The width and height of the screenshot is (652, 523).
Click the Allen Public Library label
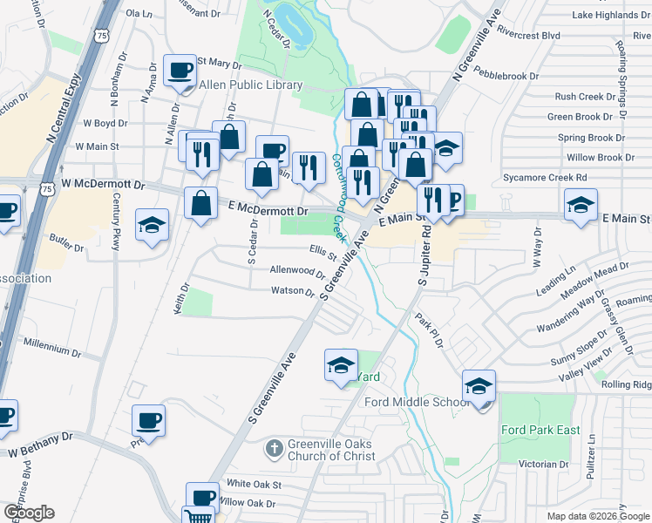(251, 85)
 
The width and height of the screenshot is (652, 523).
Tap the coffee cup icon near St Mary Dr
(180, 71)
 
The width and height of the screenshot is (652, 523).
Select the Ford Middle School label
(417, 402)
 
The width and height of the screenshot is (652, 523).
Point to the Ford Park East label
(540, 430)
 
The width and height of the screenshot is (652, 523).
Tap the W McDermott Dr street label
(102, 185)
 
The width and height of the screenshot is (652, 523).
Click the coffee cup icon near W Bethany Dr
(148, 422)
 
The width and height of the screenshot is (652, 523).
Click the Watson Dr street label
(292, 291)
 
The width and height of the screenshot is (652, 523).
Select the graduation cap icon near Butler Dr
(152, 225)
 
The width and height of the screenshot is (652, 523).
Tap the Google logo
(29, 513)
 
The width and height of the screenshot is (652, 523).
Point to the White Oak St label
(254, 484)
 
